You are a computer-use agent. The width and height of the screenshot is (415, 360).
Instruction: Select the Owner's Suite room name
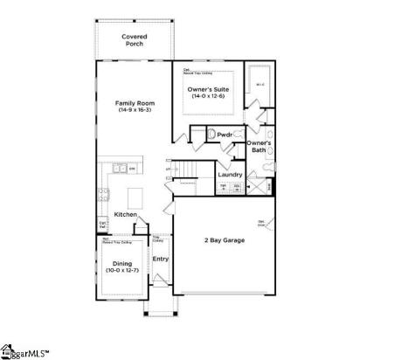(210, 89)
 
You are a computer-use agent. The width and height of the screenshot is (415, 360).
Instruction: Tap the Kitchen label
(125, 214)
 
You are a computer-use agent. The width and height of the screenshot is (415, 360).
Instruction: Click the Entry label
(161, 259)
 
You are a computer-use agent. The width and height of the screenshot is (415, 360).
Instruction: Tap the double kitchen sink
(114, 168)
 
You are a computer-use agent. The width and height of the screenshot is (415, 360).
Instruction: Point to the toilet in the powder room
(210, 135)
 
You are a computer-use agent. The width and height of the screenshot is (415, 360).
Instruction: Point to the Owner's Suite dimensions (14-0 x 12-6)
(210, 96)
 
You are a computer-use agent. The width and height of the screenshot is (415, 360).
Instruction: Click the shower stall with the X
(254, 185)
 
